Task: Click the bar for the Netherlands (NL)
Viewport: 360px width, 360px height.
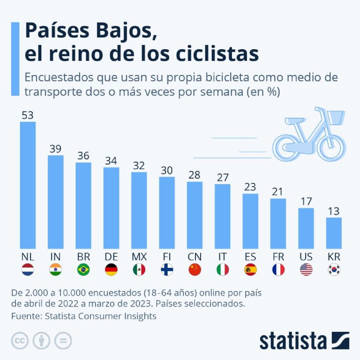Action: click(28, 186)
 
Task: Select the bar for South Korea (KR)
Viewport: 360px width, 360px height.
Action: click(334, 233)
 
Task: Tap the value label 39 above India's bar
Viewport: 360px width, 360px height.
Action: click(56, 149)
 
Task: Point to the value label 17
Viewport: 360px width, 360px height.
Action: click(306, 201)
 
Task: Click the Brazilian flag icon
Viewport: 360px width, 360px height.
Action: click(83, 270)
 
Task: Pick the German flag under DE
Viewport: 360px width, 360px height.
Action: click(111, 270)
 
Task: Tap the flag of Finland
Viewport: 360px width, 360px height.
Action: click(167, 270)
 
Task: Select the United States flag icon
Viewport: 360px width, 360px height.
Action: click(306, 270)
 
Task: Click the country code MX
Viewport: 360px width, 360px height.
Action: click(139, 257)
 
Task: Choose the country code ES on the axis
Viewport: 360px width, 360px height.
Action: click(250, 257)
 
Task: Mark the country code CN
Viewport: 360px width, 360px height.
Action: click(195, 257)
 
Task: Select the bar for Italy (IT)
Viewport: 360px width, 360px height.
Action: click(223, 217)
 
